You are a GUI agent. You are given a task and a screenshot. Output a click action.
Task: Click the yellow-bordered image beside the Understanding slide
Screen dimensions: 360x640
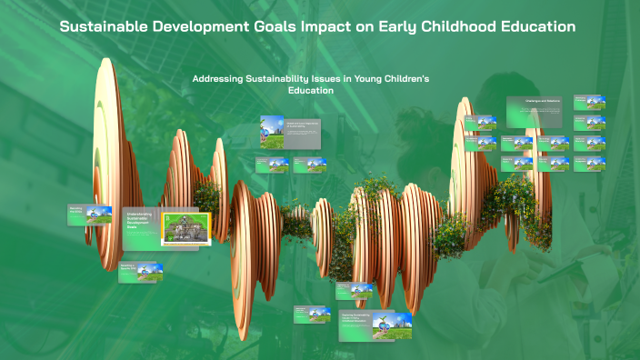185,229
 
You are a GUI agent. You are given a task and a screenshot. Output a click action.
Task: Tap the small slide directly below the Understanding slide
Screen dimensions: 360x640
140,271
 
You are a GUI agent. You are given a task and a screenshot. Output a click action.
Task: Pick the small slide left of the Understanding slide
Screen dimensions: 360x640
90,215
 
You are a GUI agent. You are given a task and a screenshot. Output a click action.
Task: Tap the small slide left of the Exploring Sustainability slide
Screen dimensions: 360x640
312,314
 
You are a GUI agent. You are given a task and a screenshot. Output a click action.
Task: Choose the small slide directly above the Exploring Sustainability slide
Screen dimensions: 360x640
354,290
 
